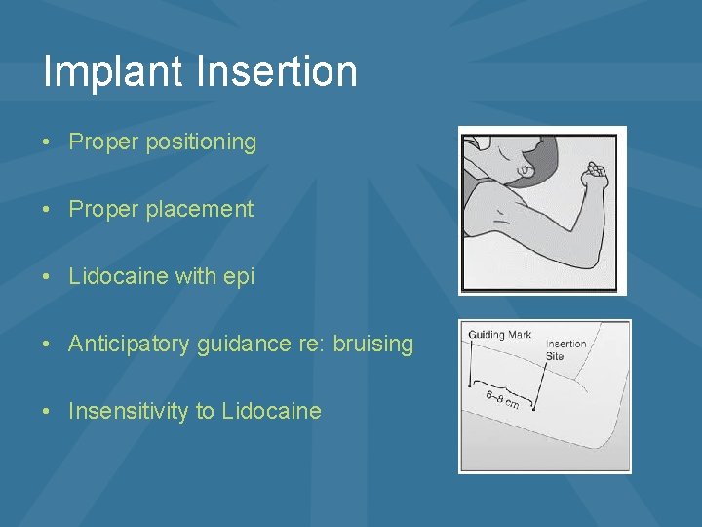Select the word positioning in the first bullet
[201, 142]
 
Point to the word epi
[239, 276]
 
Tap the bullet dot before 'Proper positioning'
[48, 142]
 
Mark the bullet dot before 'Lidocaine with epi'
[48, 277]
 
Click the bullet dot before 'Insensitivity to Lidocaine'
[48, 412]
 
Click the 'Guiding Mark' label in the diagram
[499, 335]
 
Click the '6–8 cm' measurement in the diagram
[502, 400]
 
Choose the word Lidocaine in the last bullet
[271, 411]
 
